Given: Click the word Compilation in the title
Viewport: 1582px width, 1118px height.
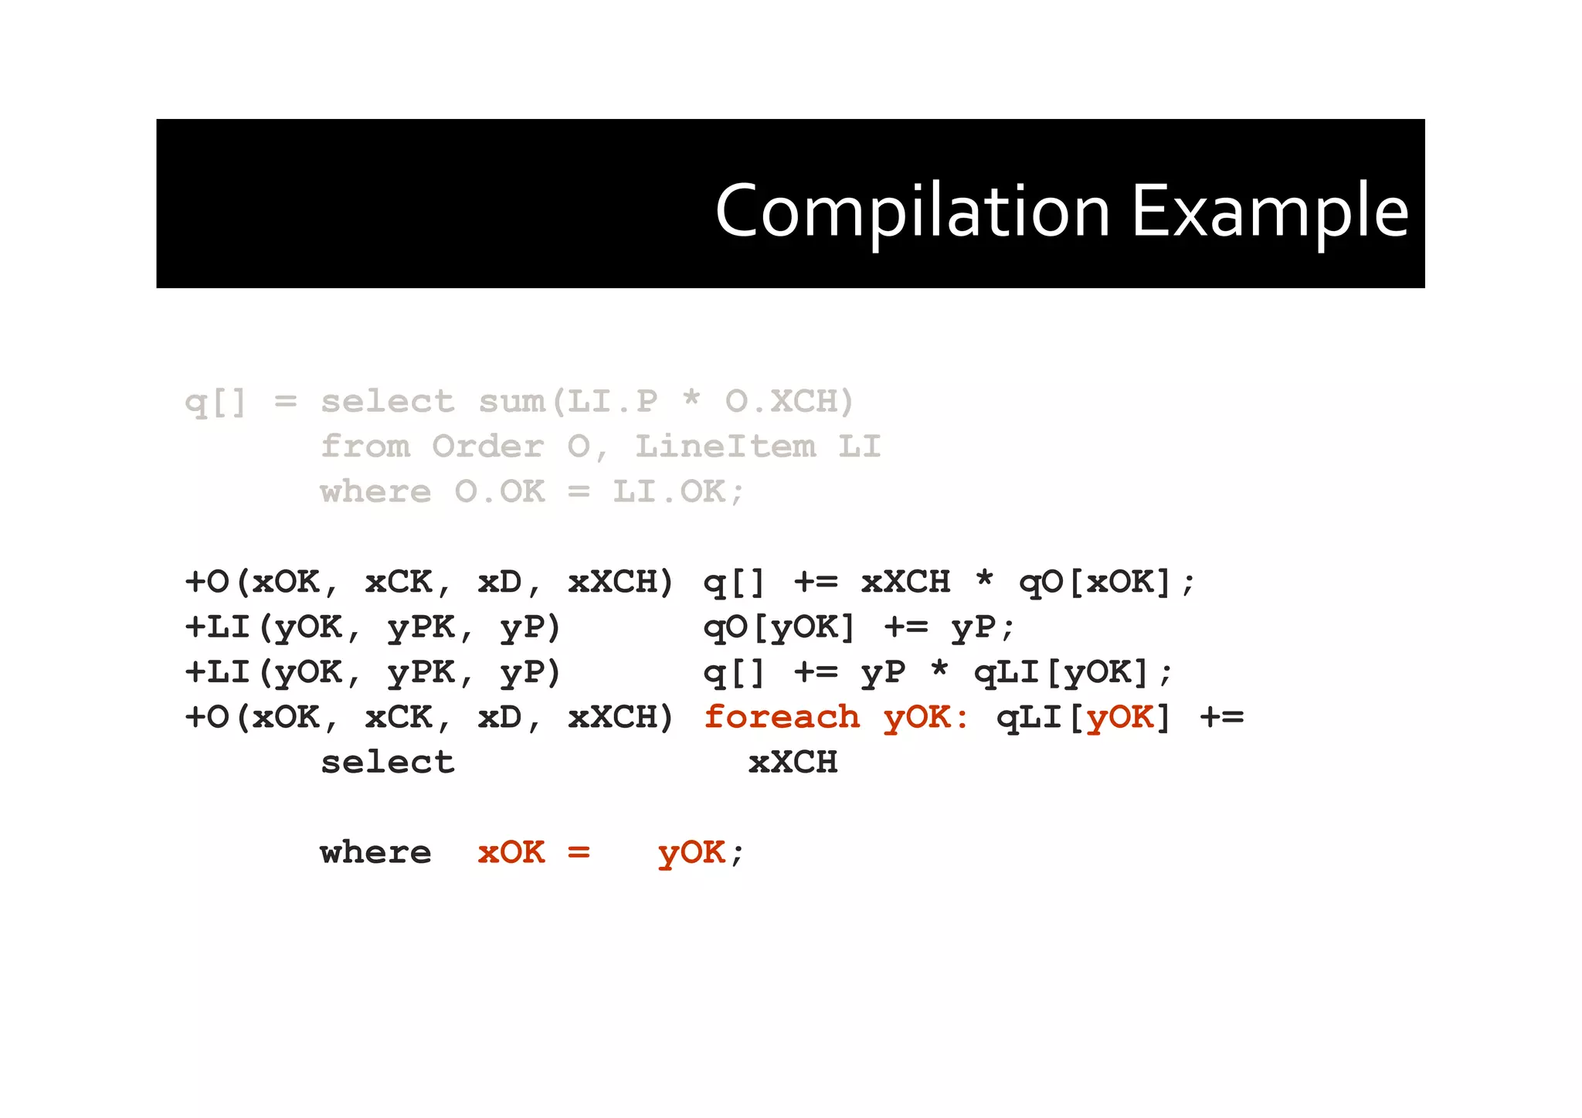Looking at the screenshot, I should click(x=913, y=211).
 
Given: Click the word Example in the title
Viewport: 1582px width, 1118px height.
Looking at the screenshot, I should click(x=1271, y=211).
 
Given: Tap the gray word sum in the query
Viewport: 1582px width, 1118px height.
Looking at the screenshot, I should click(x=511, y=402).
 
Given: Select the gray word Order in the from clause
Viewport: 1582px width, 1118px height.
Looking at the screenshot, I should click(x=487, y=447).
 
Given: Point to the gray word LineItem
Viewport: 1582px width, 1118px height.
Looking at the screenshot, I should click(x=725, y=447).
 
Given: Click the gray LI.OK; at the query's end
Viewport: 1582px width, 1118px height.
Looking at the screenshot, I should click(x=678, y=491).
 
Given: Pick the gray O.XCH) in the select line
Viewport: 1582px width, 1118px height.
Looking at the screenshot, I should click(x=789, y=402).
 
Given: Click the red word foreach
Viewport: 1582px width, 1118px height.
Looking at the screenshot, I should click(x=782, y=717).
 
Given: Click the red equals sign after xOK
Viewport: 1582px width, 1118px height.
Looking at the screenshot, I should click(x=579, y=852).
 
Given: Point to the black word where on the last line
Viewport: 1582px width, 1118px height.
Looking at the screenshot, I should click(x=376, y=852).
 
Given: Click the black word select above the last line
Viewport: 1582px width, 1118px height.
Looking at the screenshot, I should click(x=388, y=763).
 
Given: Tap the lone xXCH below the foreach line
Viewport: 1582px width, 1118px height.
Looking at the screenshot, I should click(x=793, y=763).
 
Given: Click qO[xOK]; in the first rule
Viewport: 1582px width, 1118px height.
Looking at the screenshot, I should click(x=1107, y=583).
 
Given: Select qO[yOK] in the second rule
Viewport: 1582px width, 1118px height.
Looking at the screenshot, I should click(x=779, y=627).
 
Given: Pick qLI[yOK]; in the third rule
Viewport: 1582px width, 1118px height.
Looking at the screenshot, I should click(x=1073, y=673).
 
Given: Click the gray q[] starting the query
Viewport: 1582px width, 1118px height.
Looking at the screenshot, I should click(x=216, y=402).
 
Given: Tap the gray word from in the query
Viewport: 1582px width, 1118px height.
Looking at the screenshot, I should click(x=365, y=447).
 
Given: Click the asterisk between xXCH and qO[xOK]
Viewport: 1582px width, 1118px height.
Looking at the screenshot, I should click(x=984, y=579).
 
